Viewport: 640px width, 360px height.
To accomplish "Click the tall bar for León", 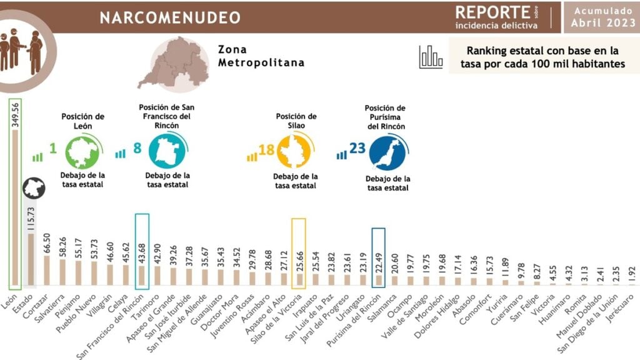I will [14, 206].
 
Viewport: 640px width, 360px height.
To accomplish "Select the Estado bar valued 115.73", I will [31, 259].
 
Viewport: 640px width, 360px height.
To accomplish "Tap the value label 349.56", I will [15, 114].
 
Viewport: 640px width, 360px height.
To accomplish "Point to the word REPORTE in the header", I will [492, 12].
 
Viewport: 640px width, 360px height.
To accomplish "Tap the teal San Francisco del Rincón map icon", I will [167, 152].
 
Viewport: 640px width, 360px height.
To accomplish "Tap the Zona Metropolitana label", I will [261, 56].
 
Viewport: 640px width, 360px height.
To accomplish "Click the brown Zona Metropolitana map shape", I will [172, 62].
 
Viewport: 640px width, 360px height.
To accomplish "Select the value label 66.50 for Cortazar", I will [47, 242].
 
